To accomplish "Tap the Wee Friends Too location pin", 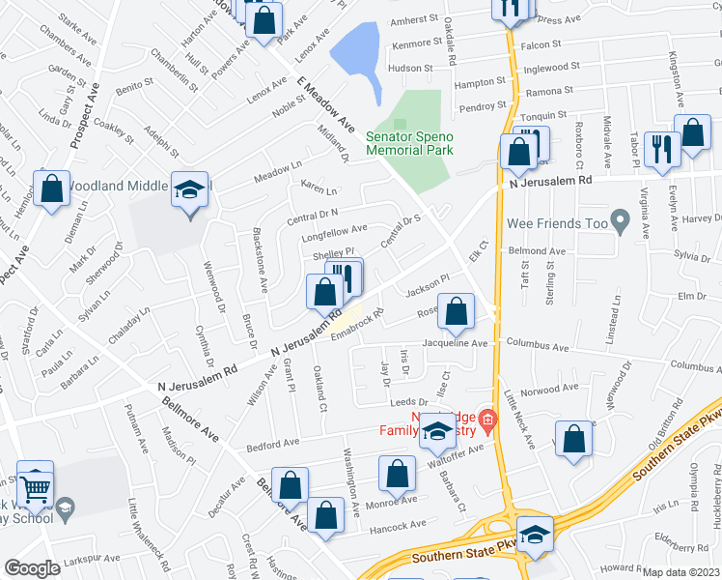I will pos(623,225).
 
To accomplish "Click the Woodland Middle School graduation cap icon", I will pos(189,190).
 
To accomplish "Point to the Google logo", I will pos(32,568).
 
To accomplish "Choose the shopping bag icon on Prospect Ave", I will pos(52,189).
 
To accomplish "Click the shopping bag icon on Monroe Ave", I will pos(398,475).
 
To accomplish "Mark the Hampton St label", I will pos(480,84).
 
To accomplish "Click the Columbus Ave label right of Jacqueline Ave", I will pos(566,343).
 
